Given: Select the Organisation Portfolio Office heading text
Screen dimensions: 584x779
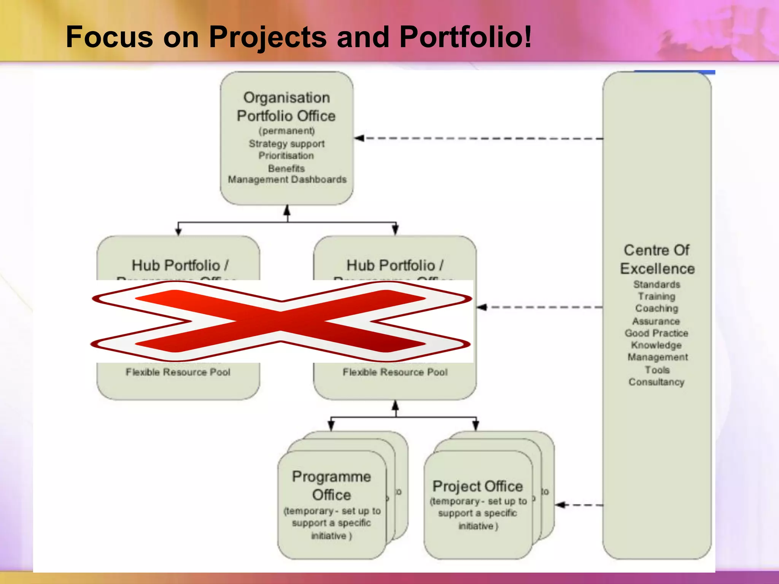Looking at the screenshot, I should tap(286, 107).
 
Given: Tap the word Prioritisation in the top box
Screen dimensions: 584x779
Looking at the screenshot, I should tap(286, 156).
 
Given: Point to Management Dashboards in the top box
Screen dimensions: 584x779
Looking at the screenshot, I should tap(287, 179).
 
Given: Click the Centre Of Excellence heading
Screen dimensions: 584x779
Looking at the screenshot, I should tap(657, 259).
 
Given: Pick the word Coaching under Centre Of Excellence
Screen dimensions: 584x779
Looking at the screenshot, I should tap(657, 308).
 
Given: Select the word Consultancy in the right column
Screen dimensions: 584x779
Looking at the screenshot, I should tap(657, 382).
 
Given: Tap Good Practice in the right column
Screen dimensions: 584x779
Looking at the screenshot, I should tap(657, 333).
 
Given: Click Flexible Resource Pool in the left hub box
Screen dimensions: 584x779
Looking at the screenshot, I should tap(178, 372).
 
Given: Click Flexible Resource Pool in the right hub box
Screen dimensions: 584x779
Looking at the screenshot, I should tap(395, 372).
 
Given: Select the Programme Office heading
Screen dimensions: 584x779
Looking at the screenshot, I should tap(331, 486).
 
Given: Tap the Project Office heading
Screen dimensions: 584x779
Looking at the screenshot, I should tap(478, 486).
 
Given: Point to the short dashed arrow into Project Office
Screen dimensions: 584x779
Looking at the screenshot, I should tap(578, 505).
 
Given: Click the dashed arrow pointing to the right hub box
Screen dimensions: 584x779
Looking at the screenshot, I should tap(540, 307).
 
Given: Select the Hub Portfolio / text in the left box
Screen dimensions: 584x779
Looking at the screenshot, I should tap(180, 265).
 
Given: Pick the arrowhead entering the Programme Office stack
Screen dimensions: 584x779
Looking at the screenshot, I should tap(331, 426).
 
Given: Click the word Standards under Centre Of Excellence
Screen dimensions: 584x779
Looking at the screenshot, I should tap(657, 284).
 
